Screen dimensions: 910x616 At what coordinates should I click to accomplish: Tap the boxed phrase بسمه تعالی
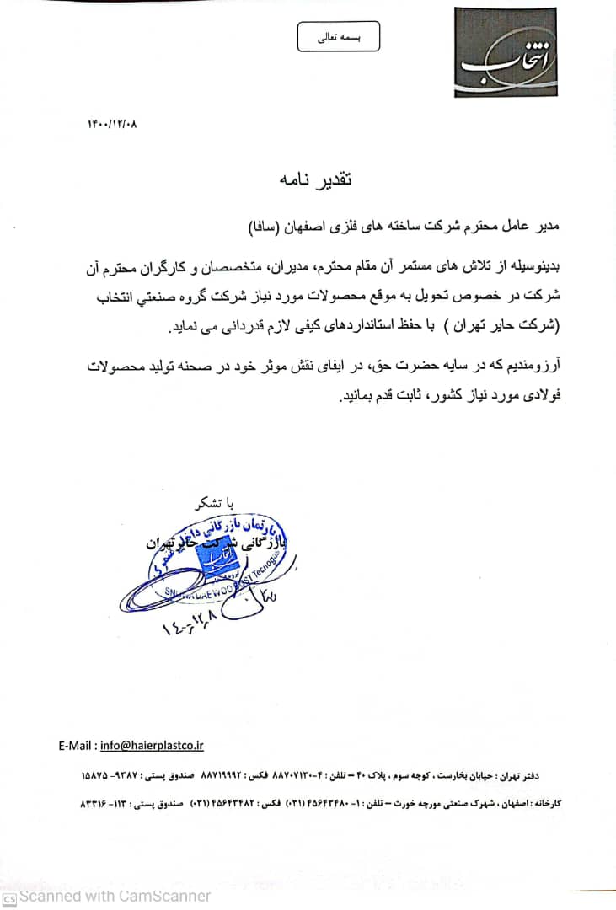click(338, 37)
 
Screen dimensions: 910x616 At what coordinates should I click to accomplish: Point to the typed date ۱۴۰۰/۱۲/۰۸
click(111, 124)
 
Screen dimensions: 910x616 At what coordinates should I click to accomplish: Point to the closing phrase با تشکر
click(212, 505)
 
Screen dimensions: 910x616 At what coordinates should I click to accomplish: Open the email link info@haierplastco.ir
click(152, 745)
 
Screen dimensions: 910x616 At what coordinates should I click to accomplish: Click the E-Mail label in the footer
click(78, 745)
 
